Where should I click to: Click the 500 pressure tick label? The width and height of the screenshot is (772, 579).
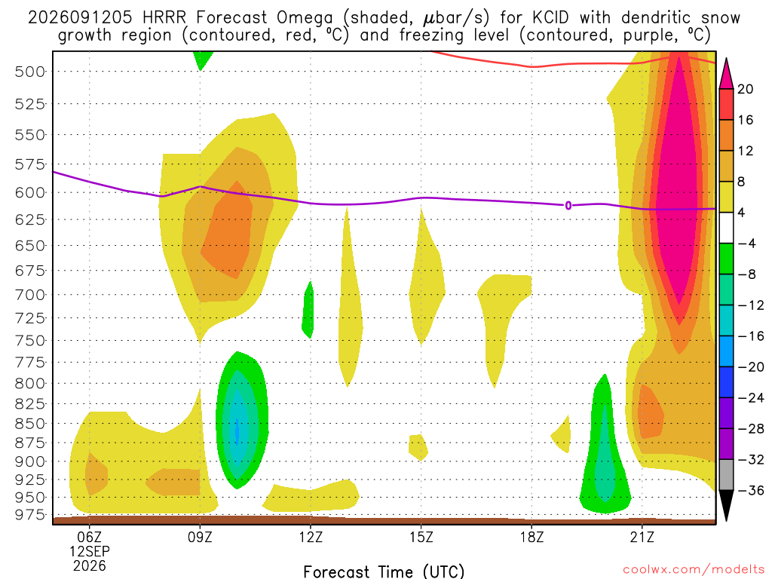point(30,72)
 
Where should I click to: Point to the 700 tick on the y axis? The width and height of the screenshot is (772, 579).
point(30,295)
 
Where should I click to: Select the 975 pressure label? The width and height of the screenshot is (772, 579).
point(30,515)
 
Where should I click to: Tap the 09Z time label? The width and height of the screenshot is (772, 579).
point(200,537)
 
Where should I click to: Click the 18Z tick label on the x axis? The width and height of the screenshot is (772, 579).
point(532,537)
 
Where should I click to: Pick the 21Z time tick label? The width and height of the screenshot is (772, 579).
point(642,537)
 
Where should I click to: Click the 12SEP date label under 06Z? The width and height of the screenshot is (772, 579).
point(90,551)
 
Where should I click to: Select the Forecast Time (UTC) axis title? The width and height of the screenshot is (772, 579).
point(384,571)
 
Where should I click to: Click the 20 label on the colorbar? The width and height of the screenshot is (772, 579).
point(745,89)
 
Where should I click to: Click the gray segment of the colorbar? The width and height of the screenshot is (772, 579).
point(726,475)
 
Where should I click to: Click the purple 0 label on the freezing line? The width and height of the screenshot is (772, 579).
point(568,206)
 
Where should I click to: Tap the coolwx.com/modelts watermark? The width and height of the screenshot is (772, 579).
point(694,570)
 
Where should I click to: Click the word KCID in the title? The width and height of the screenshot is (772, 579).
point(550,18)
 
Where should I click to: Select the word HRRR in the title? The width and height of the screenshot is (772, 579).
point(164,18)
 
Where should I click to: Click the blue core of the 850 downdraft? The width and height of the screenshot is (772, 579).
point(236,430)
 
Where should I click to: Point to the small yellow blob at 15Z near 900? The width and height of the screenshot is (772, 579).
point(418,447)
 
